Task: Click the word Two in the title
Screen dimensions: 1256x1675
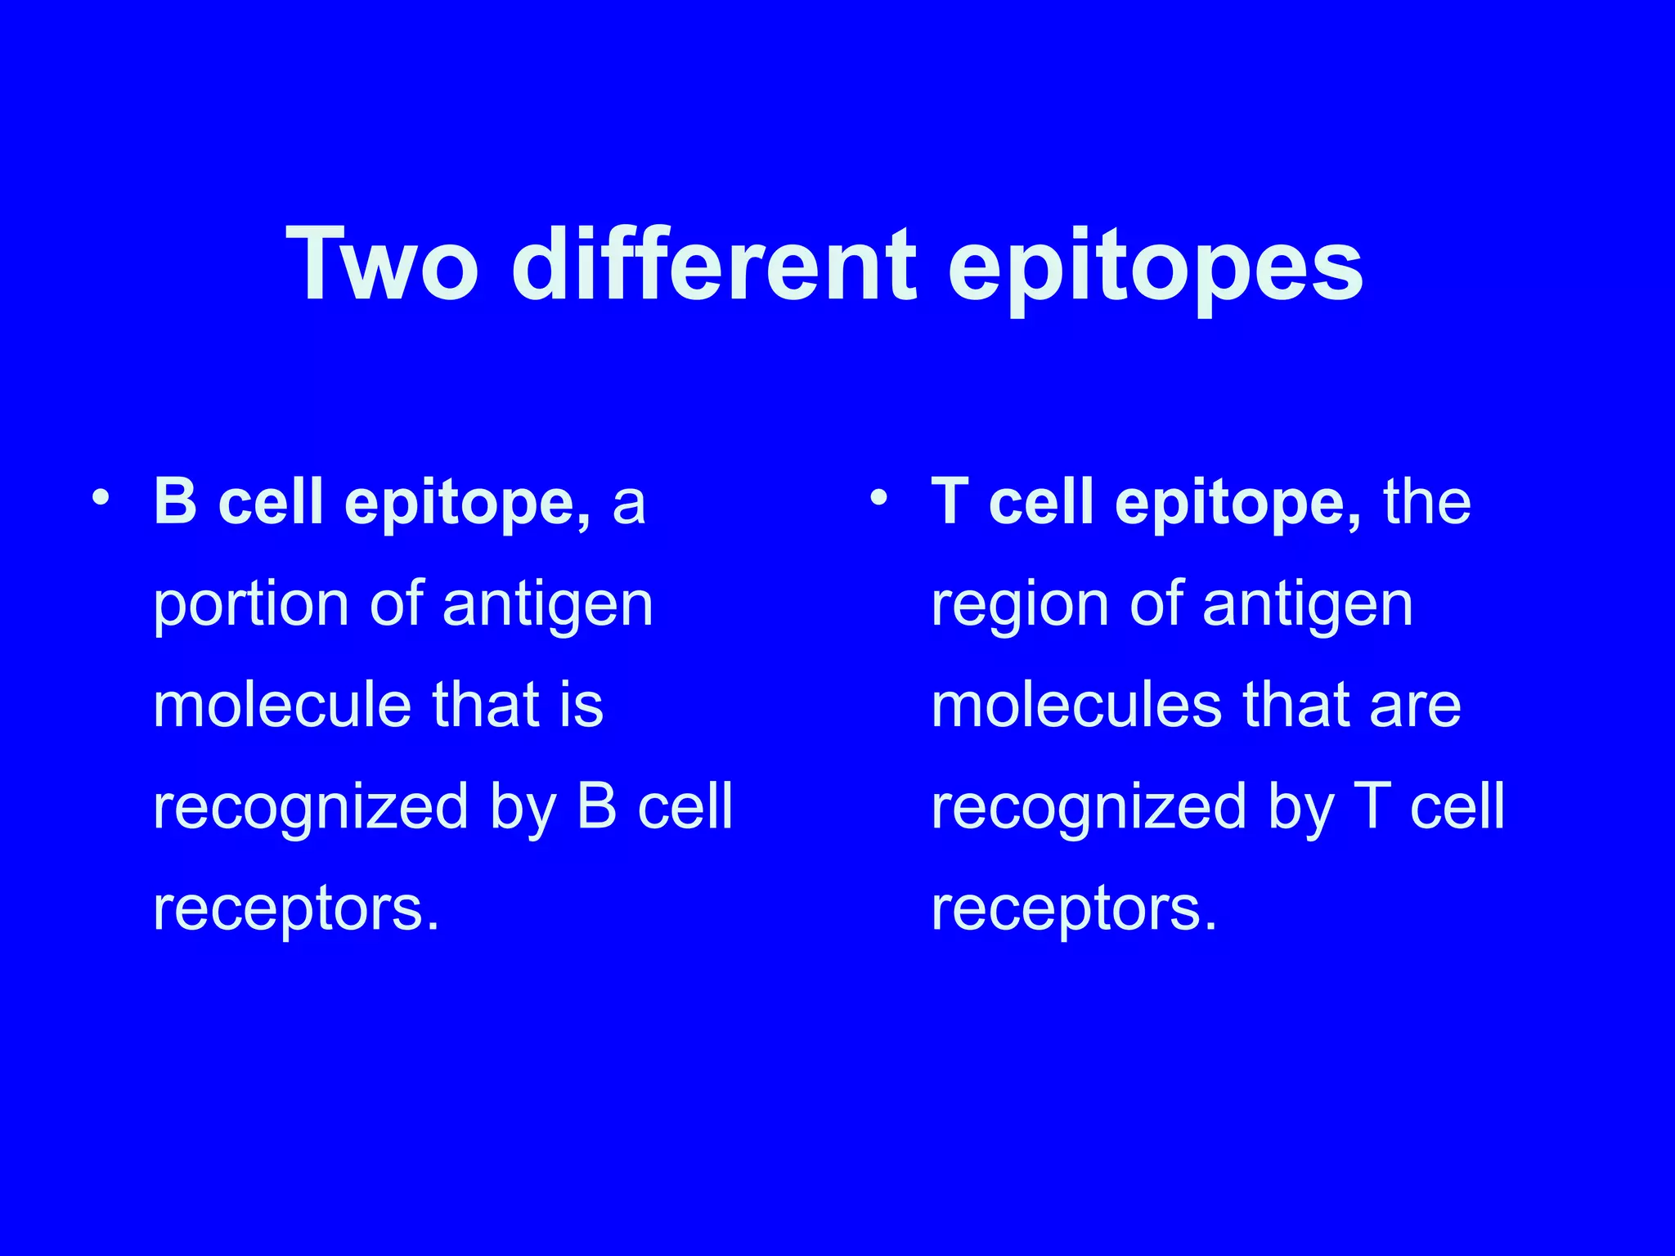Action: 382,266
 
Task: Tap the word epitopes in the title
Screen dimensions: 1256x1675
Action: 1154,270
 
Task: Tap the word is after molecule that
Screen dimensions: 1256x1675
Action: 582,705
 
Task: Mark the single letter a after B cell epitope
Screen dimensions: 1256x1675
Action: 629,505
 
